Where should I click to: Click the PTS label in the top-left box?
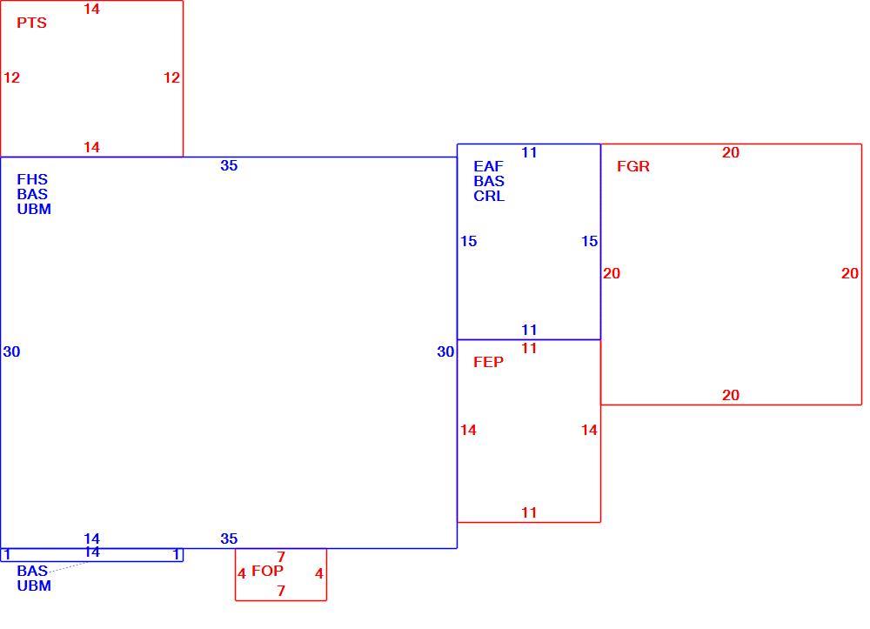(x=31, y=23)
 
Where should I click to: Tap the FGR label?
(x=633, y=166)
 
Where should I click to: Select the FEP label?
(x=488, y=362)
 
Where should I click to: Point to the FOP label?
(x=267, y=571)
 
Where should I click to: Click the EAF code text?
(x=488, y=166)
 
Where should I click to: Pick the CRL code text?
(x=489, y=197)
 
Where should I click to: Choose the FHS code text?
(x=32, y=180)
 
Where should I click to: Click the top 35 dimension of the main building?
(x=229, y=165)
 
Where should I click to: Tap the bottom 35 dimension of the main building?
(x=229, y=539)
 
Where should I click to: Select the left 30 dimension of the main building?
(x=11, y=351)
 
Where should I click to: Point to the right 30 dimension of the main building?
(x=445, y=351)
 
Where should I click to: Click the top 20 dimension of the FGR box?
(x=731, y=152)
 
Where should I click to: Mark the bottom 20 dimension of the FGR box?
(x=731, y=396)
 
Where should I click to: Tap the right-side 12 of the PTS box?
(x=172, y=77)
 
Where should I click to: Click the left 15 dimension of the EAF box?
(x=468, y=241)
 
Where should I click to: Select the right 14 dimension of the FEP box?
(x=589, y=431)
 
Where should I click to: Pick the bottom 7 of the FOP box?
(x=281, y=592)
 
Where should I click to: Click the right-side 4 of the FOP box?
(x=319, y=573)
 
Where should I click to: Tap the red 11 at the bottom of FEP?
(x=529, y=513)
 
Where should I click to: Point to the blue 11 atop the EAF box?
(x=529, y=152)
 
